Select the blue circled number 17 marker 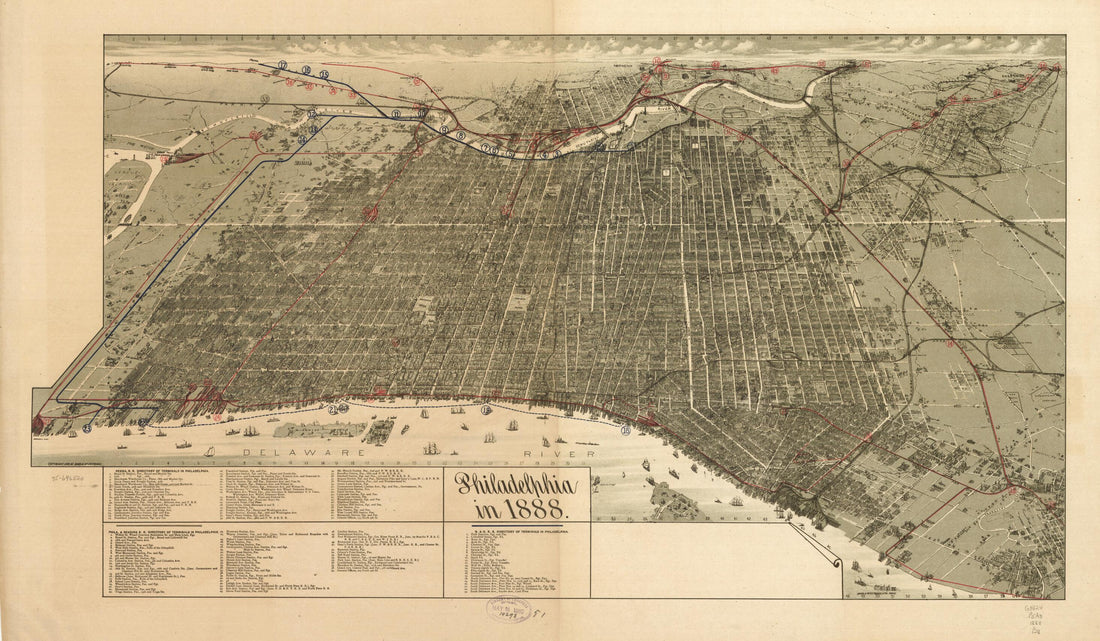[283, 66]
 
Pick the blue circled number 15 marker [324, 75]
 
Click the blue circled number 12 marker [312, 114]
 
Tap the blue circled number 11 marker [396, 114]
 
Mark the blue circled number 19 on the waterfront [486, 409]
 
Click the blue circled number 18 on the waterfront [625, 431]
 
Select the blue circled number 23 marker [87, 428]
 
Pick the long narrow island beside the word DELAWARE [319, 429]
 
